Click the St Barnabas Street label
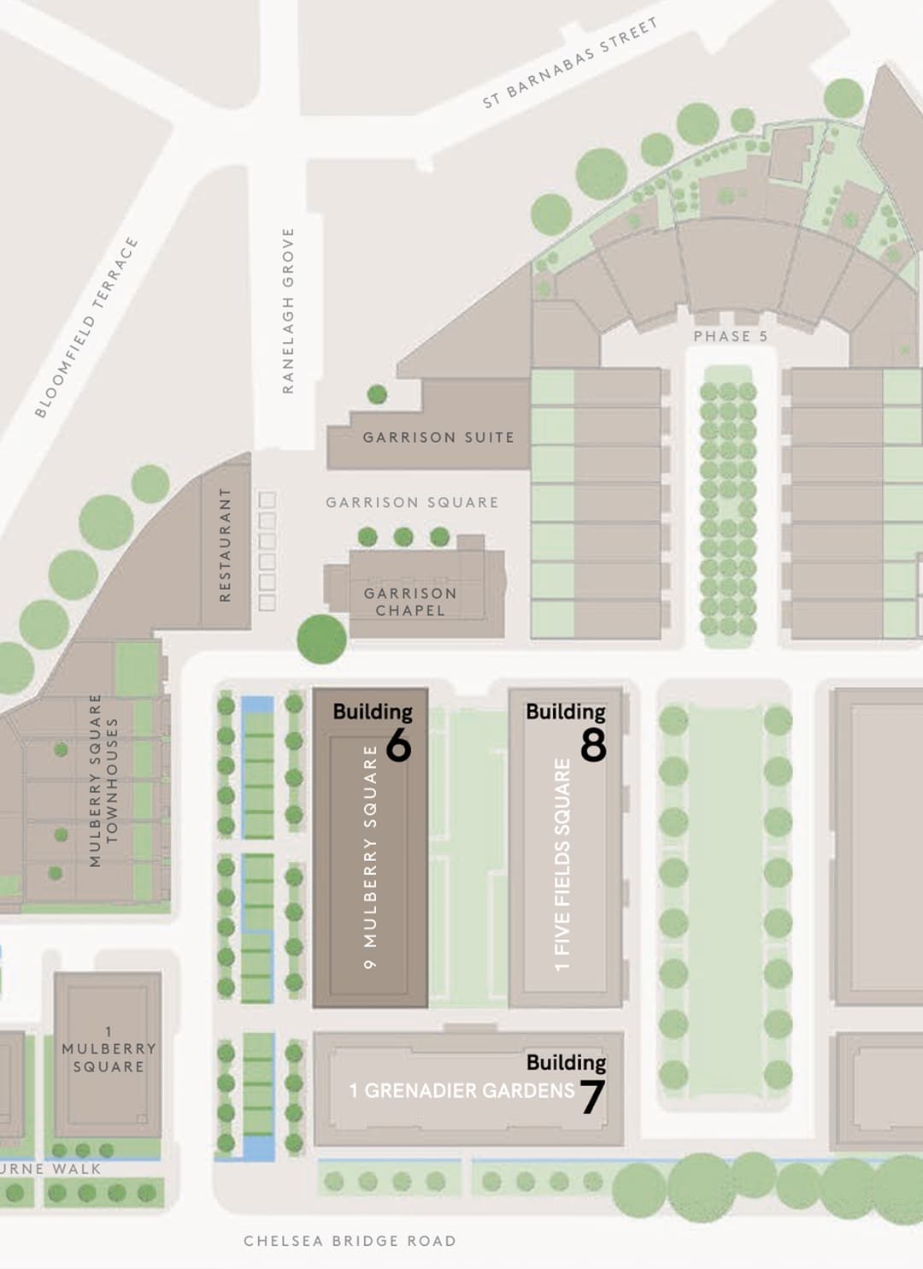coord(570,63)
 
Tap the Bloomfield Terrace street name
coord(85,328)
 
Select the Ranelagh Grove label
coord(288,310)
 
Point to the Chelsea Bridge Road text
coord(350,1241)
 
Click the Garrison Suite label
coord(438,437)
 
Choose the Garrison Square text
coord(412,502)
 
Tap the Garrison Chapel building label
coord(410,601)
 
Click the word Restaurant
coord(226,545)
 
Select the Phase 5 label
coord(730,336)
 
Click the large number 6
coord(398,746)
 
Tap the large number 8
coord(593,746)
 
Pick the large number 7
coord(591,1097)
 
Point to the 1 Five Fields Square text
coord(561,865)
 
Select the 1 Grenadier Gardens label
coord(461,1090)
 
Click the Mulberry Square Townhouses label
coord(103,780)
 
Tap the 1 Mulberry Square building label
coord(109,1049)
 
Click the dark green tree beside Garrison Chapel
coord(321,639)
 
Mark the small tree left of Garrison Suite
coord(377,394)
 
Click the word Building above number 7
coord(566,1062)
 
